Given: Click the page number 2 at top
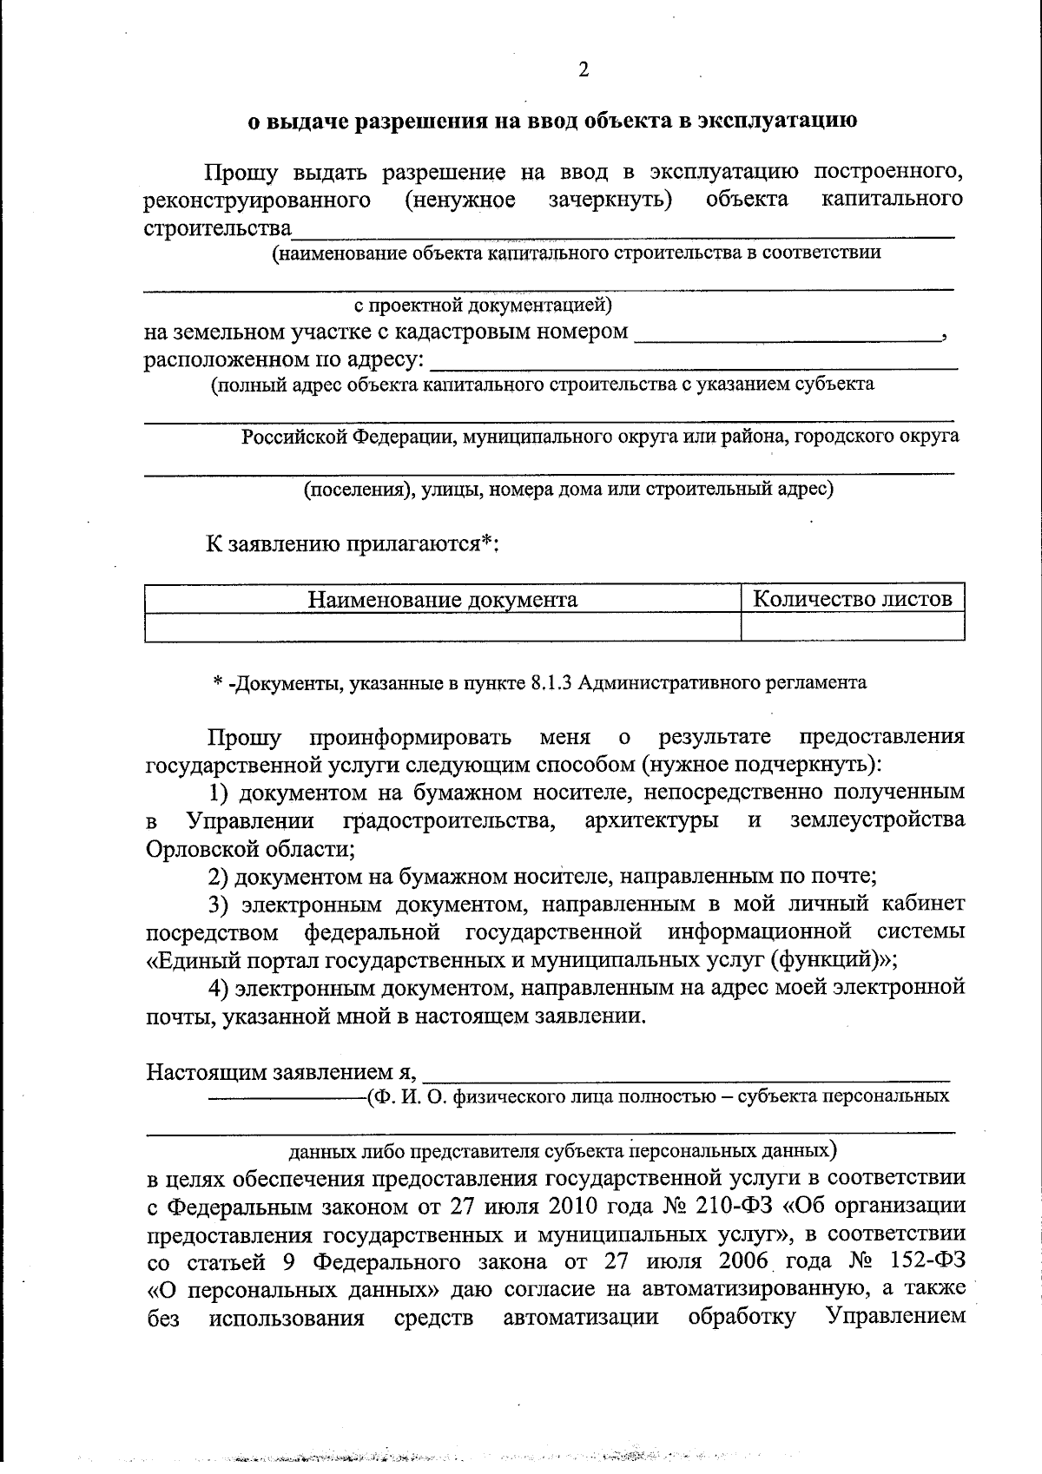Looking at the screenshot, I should point(583,70).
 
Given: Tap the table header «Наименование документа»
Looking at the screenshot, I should point(442,599).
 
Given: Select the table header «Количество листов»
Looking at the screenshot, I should point(852,598).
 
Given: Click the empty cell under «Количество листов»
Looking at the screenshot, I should point(852,626).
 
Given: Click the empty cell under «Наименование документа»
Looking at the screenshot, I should point(442,626).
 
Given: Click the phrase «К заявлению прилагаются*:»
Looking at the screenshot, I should point(352,544).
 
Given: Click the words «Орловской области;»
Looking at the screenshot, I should point(250,848).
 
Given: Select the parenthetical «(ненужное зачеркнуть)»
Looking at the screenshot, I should point(538,201).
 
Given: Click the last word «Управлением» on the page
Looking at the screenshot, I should point(895,1317).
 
